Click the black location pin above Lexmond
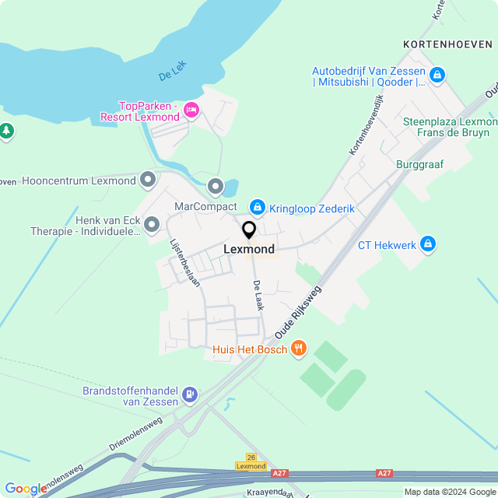tap(249, 230)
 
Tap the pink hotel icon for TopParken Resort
tap(191, 110)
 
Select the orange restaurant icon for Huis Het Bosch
tap(297, 349)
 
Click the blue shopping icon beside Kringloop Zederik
tap(257, 207)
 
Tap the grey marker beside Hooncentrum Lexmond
tap(148, 181)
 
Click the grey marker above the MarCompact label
tap(215, 187)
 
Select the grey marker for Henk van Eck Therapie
tap(153, 226)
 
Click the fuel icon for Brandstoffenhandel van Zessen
tap(189, 395)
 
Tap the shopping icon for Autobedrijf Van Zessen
tap(437, 75)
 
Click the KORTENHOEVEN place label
tap(449, 44)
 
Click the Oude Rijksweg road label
tap(297, 311)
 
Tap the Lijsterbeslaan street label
tap(185, 262)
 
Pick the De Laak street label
tap(258, 296)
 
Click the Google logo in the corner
tap(26, 489)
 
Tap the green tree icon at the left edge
tap(6, 131)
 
